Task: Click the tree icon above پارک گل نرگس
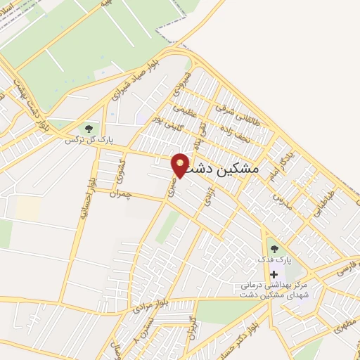(89, 128)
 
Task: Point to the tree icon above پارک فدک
(274, 247)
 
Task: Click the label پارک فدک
(274, 260)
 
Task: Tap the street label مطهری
(346, 325)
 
